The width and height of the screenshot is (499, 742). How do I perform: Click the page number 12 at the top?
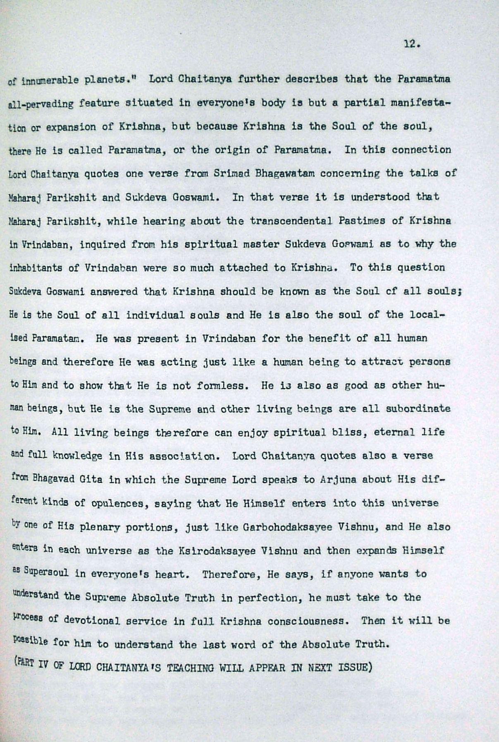tap(412, 44)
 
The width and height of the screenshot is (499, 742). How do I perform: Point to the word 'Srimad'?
tap(232, 173)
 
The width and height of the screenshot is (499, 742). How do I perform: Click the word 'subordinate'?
tap(418, 409)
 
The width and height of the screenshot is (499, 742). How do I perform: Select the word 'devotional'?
tap(92, 621)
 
